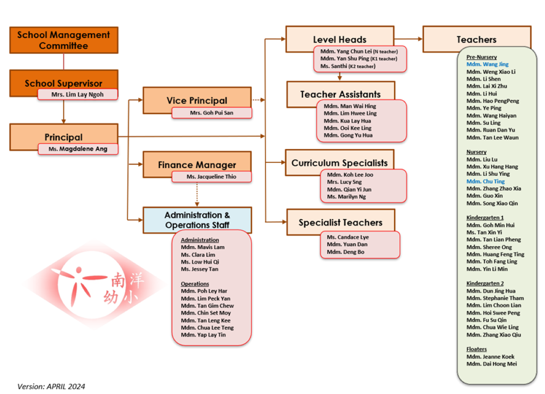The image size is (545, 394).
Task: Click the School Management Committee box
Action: point(63,40)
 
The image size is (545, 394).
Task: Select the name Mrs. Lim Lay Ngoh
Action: point(77,95)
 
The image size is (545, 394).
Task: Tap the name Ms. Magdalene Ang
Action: point(78,149)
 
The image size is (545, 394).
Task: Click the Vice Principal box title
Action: point(197,100)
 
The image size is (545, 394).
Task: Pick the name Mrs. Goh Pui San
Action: point(211,113)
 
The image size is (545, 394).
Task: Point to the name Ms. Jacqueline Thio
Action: point(211,177)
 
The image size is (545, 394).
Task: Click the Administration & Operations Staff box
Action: point(197,220)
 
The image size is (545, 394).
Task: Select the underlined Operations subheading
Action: point(195,284)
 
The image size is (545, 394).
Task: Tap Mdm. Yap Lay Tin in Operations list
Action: point(203,335)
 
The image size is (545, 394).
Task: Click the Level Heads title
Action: point(340,40)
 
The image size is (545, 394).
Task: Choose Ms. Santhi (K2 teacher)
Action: point(347,66)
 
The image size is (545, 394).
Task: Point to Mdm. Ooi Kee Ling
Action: point(347,128)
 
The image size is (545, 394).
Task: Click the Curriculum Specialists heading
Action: point(340,163)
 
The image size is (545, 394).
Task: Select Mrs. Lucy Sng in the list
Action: point(344,182)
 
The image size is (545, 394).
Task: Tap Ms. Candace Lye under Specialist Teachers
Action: point(347,237)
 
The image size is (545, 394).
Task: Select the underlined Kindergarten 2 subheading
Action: point(485,283)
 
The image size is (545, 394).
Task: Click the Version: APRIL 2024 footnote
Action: point(51,386)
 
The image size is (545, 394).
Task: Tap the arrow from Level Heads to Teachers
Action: point(409,39)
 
